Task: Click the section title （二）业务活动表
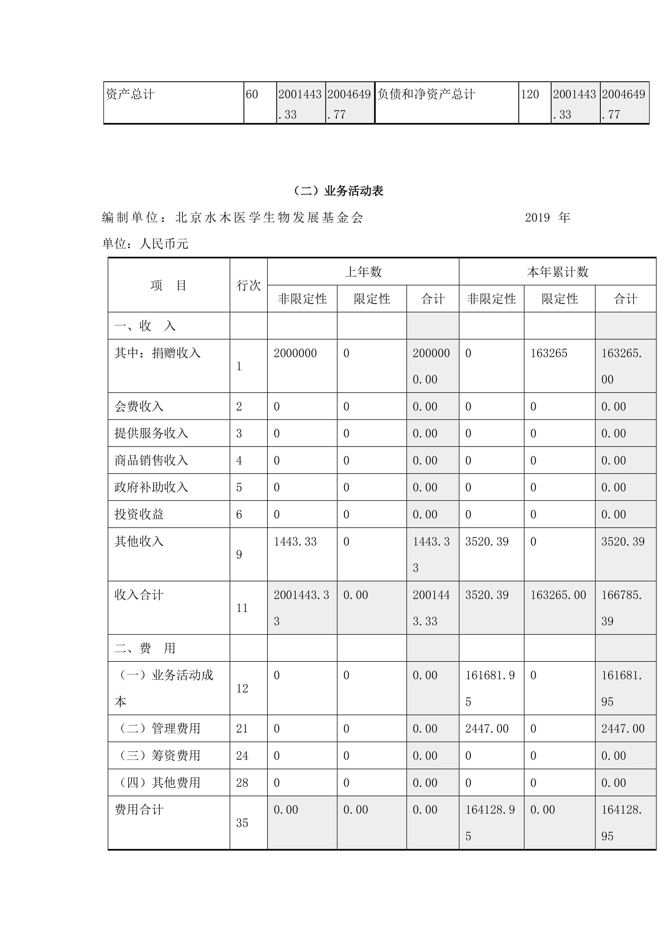338,191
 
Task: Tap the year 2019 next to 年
537,217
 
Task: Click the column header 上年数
363,272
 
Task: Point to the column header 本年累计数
557,272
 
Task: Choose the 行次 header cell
248,285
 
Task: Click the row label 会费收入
139,406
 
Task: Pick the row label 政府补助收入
151,487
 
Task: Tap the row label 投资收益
139,514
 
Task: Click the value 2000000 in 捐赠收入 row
295,353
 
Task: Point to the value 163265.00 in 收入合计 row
558,595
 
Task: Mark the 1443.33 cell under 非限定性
295,541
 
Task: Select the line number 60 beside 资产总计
252,94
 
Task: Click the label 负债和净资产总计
426,94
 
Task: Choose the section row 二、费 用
145,648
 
